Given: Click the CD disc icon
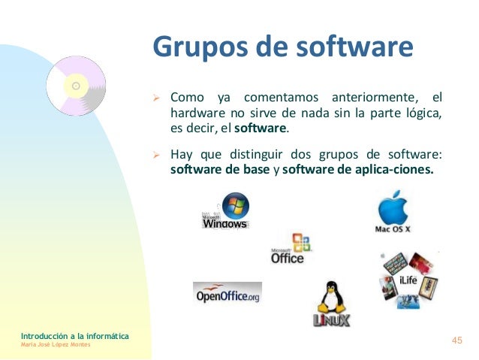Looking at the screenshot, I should (76, 87).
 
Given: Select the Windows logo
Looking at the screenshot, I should (225, 212).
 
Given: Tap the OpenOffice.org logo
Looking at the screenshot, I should (227, 294).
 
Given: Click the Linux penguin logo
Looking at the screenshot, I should (330, 304).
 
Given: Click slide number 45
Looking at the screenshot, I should (456, 341).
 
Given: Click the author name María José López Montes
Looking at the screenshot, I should (56, 344).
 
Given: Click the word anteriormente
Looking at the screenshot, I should (369, 98).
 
